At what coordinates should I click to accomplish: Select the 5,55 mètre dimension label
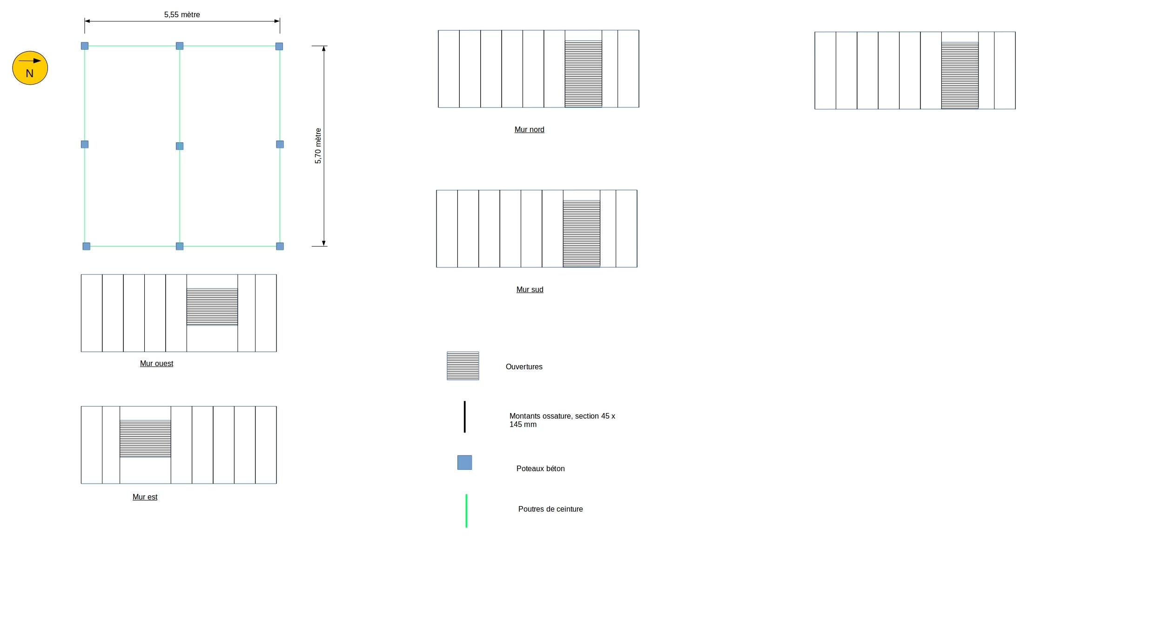182,15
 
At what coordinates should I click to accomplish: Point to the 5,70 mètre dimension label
318,146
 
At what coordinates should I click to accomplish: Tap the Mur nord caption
529,129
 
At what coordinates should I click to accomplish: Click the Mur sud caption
530,289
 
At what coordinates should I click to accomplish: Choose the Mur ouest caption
156,363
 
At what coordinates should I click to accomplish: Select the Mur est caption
145,497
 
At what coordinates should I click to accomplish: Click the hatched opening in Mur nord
583,74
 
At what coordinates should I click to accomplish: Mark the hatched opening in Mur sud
581,233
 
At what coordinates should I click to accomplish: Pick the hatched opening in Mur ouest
212,307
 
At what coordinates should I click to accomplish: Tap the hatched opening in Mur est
145,439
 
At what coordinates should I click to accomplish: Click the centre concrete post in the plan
180,146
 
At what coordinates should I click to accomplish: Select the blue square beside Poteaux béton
464,462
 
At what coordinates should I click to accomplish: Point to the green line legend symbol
466,511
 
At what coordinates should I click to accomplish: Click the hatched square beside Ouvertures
463,366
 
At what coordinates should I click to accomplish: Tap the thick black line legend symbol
464,417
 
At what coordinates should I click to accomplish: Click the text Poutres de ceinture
550,509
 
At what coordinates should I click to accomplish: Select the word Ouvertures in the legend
524,366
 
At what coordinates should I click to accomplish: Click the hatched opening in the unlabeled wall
960,75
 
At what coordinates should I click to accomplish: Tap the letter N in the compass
30,73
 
